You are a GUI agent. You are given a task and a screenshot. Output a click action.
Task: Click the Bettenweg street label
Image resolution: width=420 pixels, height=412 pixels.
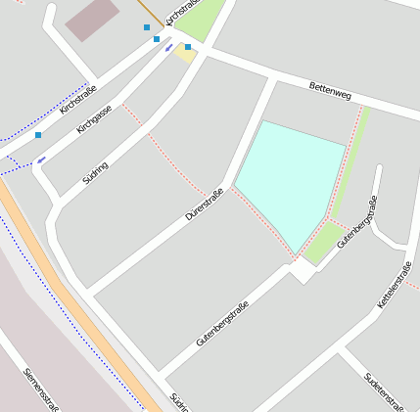[x=330, y=89]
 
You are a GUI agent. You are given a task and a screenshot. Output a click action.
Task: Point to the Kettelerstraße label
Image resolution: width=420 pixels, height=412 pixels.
[x=395, y=286]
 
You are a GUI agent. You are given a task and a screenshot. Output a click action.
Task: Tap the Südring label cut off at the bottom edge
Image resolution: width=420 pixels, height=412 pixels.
[x=178, y=401]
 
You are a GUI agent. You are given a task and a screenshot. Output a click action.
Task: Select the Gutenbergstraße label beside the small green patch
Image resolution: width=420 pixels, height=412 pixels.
[x=357, y=222]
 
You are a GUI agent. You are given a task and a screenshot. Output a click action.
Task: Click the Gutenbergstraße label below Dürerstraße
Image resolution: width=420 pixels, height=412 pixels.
[x=222, y=324]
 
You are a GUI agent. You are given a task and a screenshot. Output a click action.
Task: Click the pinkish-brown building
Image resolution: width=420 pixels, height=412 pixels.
[x=92, y=20]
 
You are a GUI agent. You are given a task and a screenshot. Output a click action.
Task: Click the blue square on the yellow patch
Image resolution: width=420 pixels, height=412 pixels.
[x=188, y=47]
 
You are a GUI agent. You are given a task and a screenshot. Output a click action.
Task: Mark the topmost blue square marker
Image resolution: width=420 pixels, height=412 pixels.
[x=147, y=27]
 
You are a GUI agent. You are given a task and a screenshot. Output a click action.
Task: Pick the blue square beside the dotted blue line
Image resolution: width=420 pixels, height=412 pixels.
[x=38, y=135]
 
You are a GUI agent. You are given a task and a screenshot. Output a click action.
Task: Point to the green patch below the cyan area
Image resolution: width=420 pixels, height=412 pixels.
[x=320, y=244]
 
